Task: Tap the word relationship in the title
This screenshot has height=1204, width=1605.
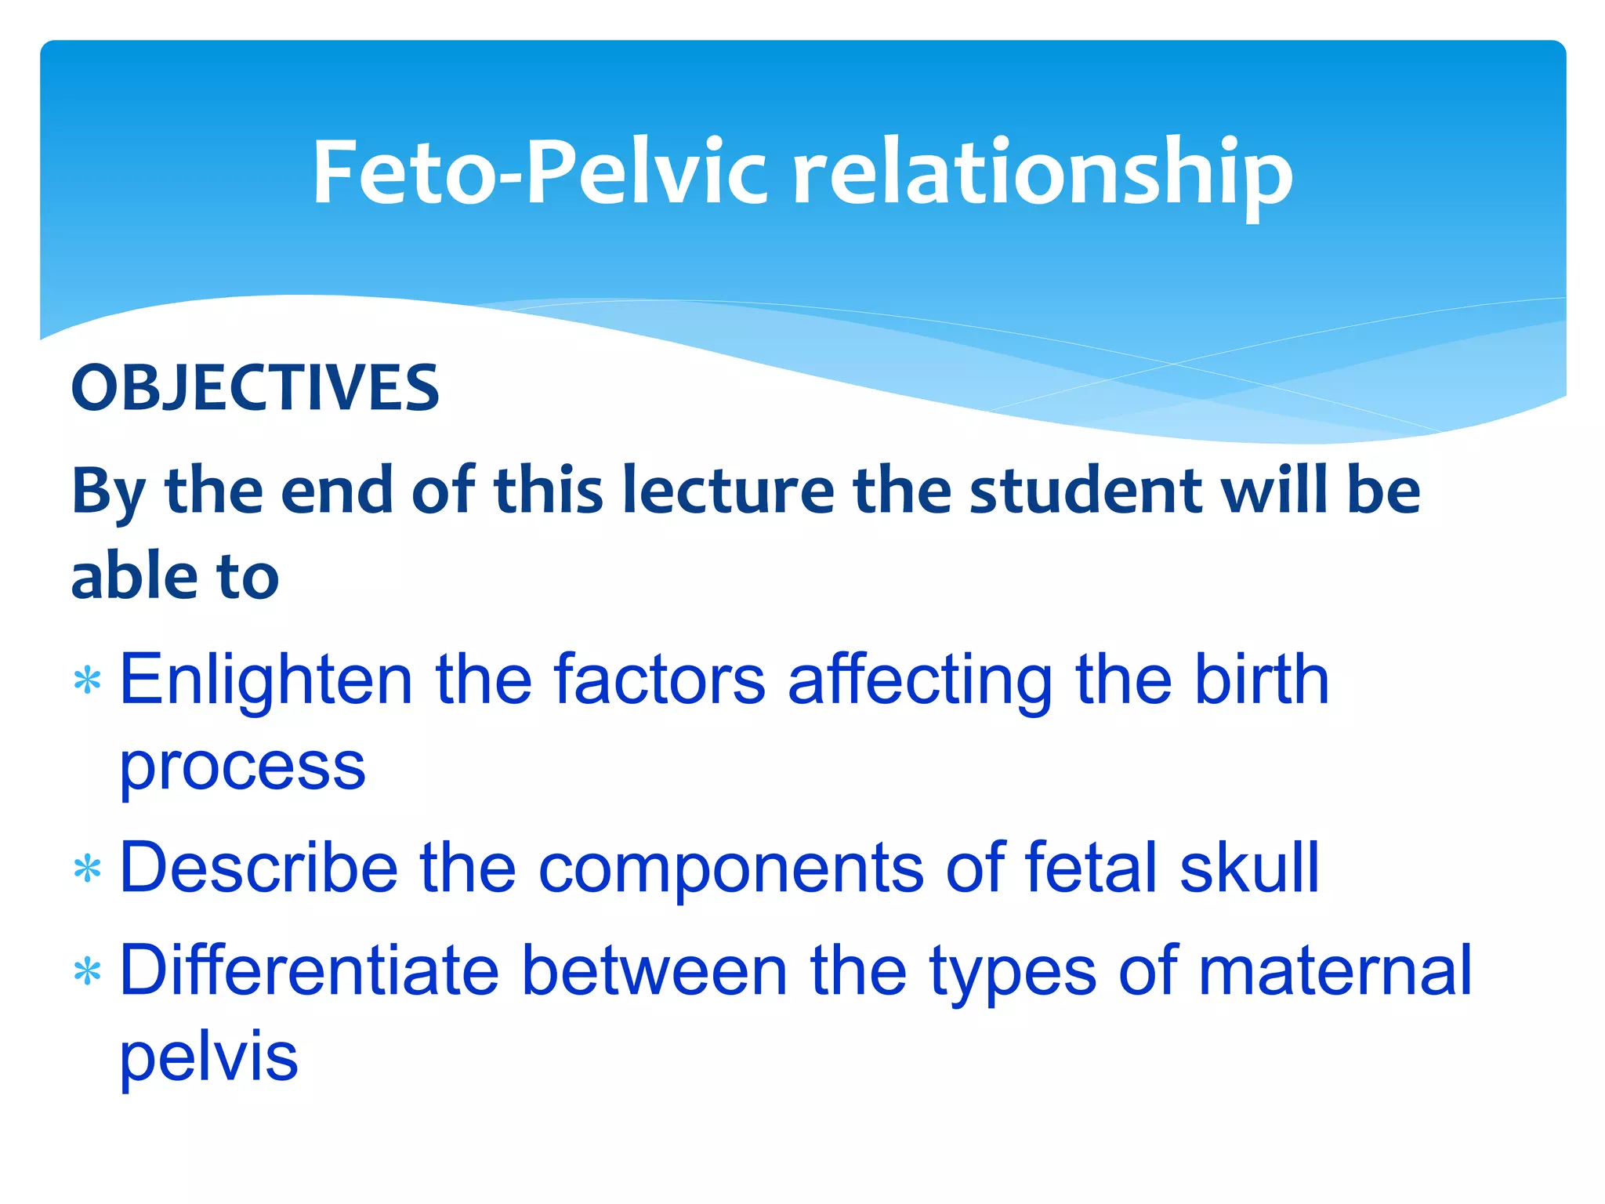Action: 1042,174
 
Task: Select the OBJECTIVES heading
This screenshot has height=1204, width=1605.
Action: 255,388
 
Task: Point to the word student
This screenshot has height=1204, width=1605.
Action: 1085,491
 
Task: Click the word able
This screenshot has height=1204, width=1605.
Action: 134,576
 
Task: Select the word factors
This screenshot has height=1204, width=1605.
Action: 658,680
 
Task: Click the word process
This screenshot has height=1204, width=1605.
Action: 242,768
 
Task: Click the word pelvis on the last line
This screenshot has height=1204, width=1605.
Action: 208,1058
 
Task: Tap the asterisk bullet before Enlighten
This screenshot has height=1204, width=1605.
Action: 87,680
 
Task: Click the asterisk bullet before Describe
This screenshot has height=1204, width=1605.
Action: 87,869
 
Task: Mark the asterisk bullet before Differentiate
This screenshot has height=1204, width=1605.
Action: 87,972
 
